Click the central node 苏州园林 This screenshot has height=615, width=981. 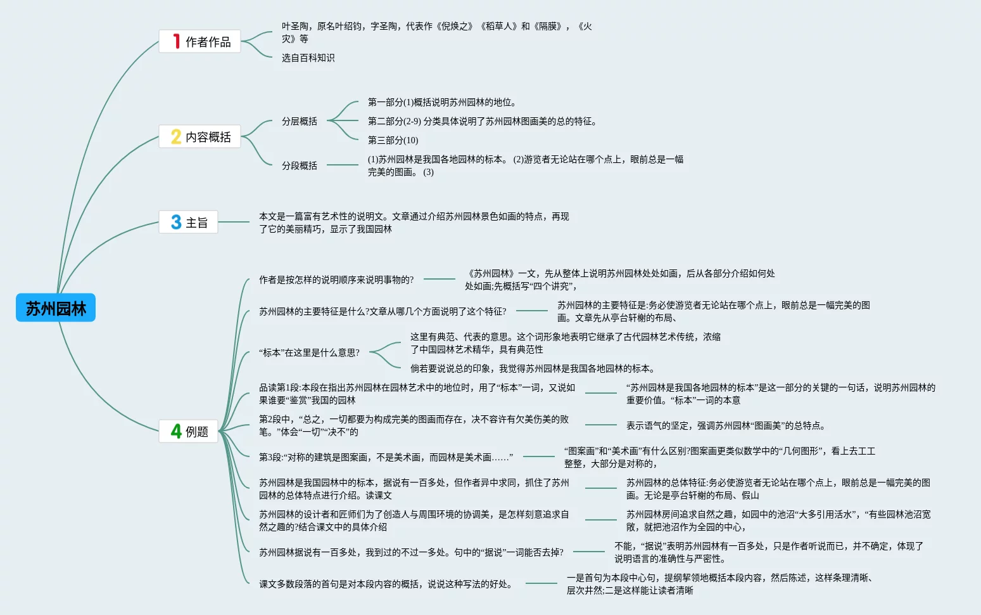coord(56,308)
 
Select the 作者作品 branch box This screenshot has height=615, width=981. coord(199,42)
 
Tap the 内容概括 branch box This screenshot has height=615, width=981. coord(199,137)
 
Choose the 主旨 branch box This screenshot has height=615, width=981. coord(188,223)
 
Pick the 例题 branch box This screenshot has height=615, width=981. coord(188,432)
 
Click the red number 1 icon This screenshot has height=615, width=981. coord(177,42)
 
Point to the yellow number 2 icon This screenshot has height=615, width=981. coord(176,137)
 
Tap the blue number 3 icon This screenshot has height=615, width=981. coord(176,223)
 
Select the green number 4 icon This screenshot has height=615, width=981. coord(176,432)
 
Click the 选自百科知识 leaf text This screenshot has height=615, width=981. coord(308,58)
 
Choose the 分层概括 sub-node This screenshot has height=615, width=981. coord(300,121)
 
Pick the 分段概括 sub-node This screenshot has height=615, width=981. coord(300,165)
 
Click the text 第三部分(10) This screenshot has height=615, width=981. coord(393,140)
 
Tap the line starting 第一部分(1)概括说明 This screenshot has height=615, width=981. coord(442,102)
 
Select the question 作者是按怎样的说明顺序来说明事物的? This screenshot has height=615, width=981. coord(336,280)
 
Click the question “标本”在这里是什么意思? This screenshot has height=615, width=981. coord(309,353)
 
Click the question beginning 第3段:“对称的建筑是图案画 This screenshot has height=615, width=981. coord(386,457)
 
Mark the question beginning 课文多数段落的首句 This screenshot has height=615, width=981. coord(386,584)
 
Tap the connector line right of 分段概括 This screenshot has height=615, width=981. coord(343,165)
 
